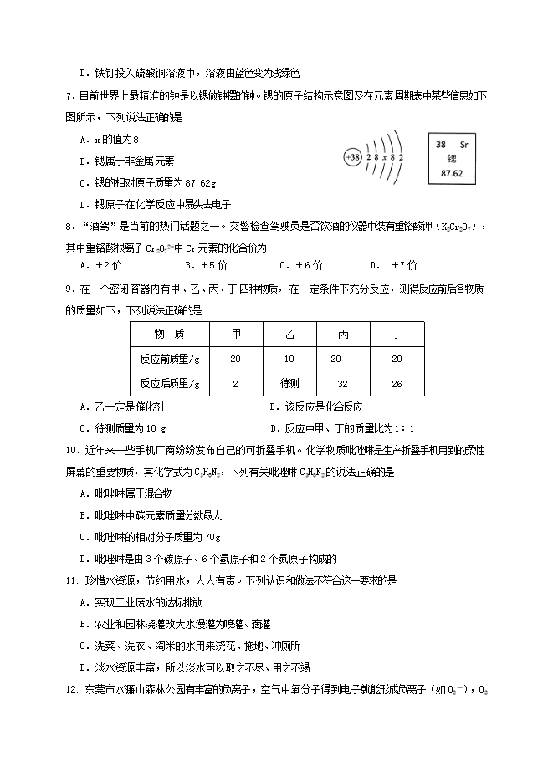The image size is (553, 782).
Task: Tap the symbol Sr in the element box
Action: coord(469,144)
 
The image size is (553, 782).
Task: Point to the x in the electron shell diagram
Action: coord(387,156)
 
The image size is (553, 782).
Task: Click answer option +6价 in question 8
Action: coord(300,266)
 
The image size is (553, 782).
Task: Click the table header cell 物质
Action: coord(169,334)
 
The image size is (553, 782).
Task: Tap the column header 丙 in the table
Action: coord(343,334)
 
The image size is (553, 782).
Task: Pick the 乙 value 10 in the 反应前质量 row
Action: coord(289,358)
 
